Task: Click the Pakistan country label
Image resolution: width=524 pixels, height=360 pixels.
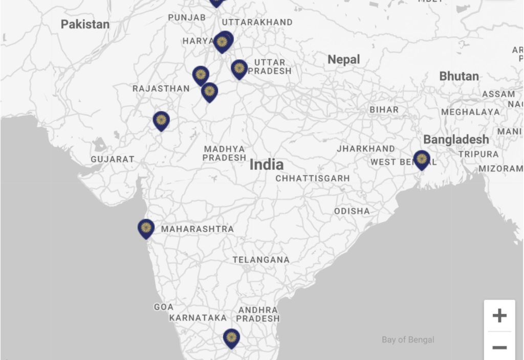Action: click(x=85, y=24)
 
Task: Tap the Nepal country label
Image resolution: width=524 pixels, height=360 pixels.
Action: click(x=343, y=59)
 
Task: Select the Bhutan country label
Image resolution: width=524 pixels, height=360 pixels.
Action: click(x=459, y=76)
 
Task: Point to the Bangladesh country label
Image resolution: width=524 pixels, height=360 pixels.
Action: click(x=456, y=140)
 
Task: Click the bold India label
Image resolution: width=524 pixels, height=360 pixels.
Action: click(x=266, y=165)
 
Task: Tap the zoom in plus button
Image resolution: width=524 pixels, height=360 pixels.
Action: click(x=499, y=316)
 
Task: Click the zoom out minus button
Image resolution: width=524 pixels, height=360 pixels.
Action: click(x=499, y=348)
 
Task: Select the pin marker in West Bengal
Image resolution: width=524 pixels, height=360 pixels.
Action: click(x=422, y=159)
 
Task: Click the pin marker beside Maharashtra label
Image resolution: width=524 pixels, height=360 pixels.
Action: click(x=146, y=228)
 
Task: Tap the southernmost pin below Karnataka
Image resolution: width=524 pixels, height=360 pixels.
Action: click(x=231, y=337)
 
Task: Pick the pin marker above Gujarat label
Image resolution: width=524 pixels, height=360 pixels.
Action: click(x=161, y=121)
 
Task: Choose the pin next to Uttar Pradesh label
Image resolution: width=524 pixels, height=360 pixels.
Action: click(x=239, y=69)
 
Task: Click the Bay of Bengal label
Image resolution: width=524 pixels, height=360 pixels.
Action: click(x=408, y=340)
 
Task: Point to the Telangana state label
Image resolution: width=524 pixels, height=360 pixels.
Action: click(x=261, y=260)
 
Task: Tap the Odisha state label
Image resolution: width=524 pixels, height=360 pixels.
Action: click(x=352, y=211)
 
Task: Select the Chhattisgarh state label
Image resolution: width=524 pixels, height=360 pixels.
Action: click(x=313, y=178)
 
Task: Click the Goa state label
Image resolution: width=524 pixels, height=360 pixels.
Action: click(x=164, y=307)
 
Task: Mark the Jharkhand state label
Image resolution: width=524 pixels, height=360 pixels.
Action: click(x=366, y=149)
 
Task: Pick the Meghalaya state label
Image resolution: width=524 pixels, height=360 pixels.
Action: click(x=470, y=112)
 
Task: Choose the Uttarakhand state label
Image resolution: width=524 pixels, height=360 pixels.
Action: click(x=257, y=22)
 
